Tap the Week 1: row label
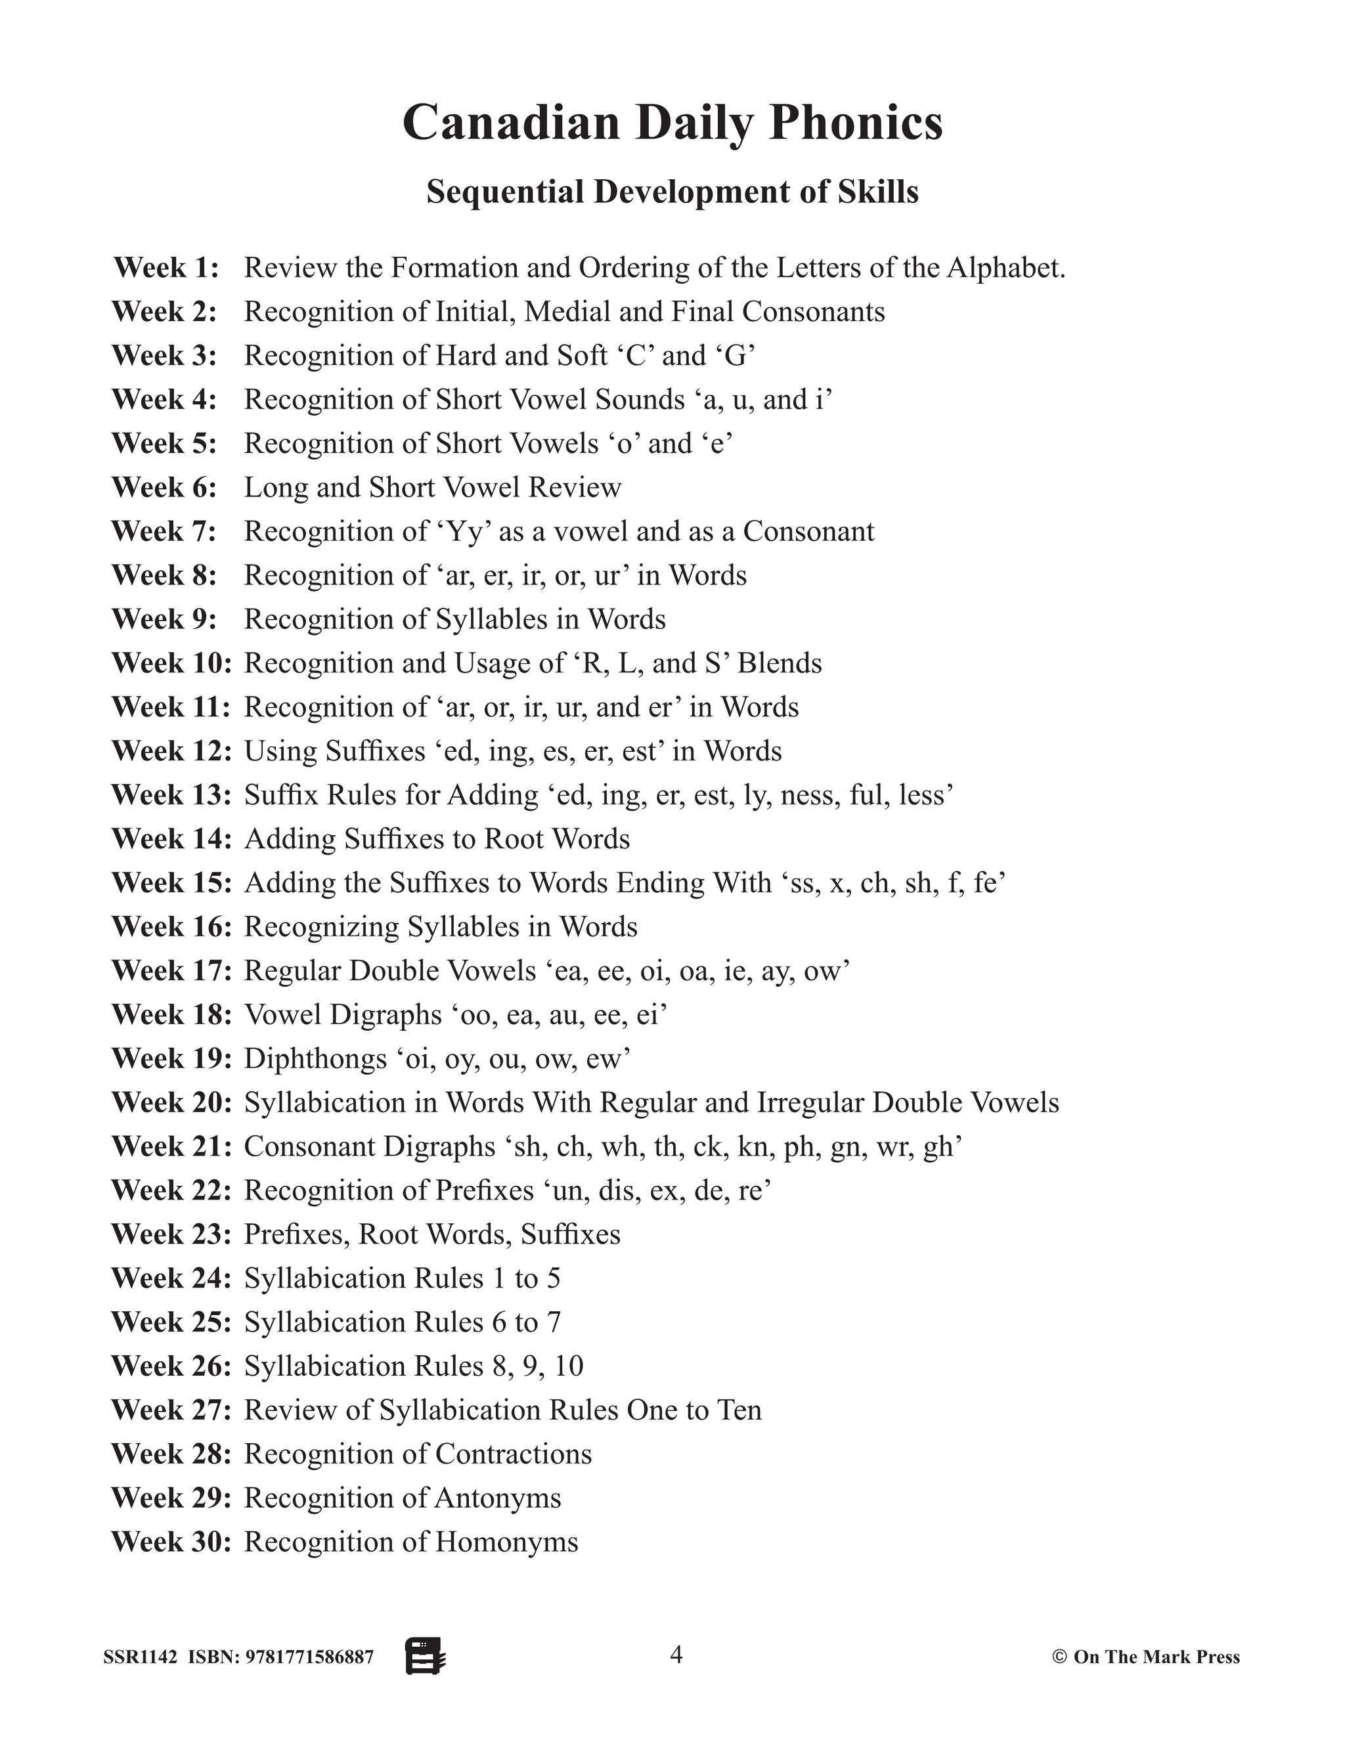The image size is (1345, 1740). [x=165, y=268]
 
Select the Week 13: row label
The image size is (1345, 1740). [x=171, y=794]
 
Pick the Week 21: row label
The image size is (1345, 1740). [x=171, y=1146]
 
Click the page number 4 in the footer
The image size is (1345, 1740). [x=676, y=1655]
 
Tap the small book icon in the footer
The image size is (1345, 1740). [x=426, y=1657]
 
